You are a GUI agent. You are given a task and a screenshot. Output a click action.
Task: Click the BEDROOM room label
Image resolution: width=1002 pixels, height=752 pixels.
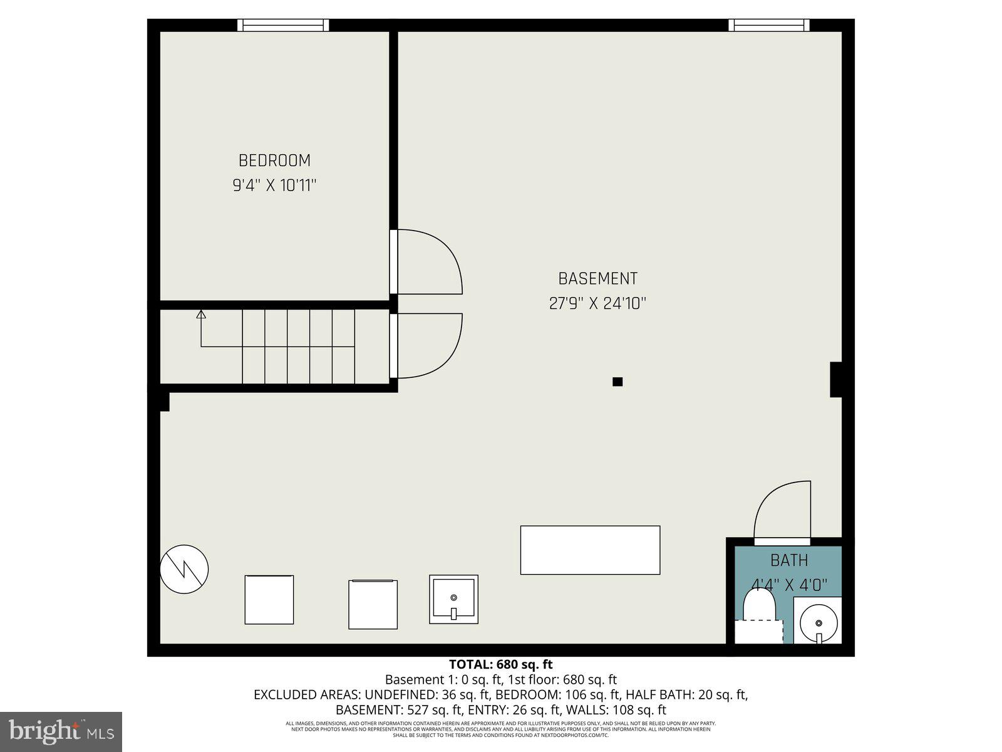coord(274,160)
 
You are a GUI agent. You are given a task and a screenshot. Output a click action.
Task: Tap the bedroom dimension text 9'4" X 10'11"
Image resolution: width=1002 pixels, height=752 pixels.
coord(274,185)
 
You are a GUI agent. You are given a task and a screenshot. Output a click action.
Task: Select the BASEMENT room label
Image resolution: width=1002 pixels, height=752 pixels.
coord(597,278)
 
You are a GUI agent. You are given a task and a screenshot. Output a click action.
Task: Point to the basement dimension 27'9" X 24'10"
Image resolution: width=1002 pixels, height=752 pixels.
coord(597,303)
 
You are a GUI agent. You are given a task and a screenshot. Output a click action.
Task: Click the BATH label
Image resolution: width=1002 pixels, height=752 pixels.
coord(788,560)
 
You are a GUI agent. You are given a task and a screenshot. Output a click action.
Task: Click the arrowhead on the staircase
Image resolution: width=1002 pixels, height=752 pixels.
coord(201,315)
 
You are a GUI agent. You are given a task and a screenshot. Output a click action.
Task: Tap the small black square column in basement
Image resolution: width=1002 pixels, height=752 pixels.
coord(617,382)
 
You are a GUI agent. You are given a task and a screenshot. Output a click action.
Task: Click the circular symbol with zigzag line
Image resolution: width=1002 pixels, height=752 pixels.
coord(184,570)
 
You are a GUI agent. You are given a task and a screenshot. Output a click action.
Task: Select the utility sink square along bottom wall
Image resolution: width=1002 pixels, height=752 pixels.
coord(453,599)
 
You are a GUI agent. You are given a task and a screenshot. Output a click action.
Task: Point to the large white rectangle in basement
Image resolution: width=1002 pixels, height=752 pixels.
coord(590,550)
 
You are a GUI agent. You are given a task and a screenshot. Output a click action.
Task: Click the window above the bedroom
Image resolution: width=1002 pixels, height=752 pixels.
coord(283,25)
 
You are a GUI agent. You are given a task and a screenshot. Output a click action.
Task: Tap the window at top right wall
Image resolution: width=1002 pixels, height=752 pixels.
coord(768,25)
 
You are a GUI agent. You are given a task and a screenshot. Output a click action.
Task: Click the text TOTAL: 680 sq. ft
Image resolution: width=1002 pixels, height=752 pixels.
coord(500,664)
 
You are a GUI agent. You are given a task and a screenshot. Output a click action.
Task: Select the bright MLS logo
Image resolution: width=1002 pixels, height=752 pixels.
coord(61,731)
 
